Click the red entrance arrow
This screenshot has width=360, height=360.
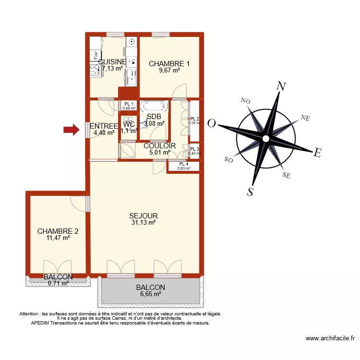pyautogui.click(x=72, y=129)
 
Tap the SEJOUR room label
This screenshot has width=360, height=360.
pyautogui.click(x=144, y=216)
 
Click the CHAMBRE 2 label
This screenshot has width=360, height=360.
pyautogui.click(x=58, y=231)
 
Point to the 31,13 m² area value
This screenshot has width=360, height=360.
pyautogui.click(x=144, y=223)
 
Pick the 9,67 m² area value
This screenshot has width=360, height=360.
pyautogui.click(x=169, y=71)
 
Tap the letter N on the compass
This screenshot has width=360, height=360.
pyautogui.click(x=282, y=87)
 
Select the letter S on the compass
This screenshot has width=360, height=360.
pyautogui.click(x=250, y=192)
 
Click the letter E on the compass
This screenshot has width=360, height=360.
pyautogui.click(x=317, y=153)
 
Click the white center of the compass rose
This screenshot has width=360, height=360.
pyautogui.click(x=265, y=139)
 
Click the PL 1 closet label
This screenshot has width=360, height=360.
pyautogui.click(x=129, y=104)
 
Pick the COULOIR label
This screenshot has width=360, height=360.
pyautogui.click(x=159, y=146)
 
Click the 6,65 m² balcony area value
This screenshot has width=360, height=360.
pyautogui.click(x=150, y=295)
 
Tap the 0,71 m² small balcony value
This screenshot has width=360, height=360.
pyautogui.click(x=58, y=283)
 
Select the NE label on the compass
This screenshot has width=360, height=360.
pyautogui.click(x=305, y=118)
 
